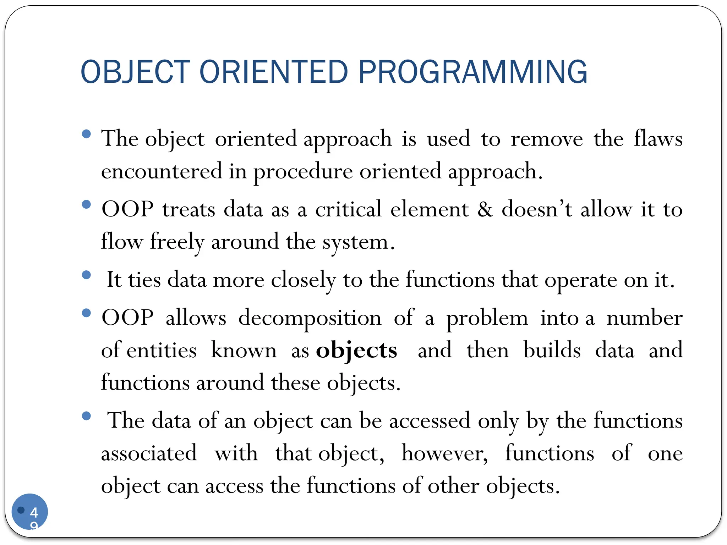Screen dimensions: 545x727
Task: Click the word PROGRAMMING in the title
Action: point(473,72)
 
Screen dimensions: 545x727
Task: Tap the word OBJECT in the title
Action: point(135,72)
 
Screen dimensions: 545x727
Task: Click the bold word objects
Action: point(356,351)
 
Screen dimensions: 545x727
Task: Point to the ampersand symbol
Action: point(485,209)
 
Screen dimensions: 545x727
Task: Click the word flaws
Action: point(658,138)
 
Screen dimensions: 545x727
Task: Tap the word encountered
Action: point(162,171)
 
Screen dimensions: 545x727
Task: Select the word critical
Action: point(348,209)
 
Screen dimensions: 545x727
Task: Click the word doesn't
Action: point(537,209)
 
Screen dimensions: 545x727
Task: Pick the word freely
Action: point(177,242)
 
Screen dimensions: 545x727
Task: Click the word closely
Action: point(303,280)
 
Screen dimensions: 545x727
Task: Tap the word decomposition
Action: point(310,318)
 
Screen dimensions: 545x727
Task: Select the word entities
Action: point(162,351)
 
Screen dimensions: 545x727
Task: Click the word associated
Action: point(149,453)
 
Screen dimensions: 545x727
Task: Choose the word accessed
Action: point(430,421)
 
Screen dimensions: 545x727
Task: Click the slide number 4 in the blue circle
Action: point(34,512)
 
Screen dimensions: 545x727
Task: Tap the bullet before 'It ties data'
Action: point(86,275)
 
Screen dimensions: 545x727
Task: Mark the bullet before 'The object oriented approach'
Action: point(86,134)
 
